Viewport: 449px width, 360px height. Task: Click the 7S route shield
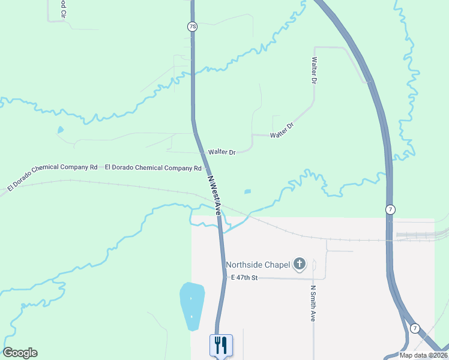tap(192, 26)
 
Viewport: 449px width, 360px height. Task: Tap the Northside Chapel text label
tap(258, 264)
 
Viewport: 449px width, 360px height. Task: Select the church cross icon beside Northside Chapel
tap(299, 264)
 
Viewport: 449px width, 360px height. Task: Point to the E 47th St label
tap(244, 278)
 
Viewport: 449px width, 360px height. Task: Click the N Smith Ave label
tap(313, 303)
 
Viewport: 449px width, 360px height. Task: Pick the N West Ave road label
tap(214, 195)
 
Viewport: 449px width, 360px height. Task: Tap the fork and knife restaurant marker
tap(220, 345)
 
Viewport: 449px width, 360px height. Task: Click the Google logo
tap(20, 353)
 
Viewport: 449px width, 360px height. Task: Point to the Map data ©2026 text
tap(423, 355)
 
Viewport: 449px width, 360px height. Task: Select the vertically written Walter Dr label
tap(314, 70)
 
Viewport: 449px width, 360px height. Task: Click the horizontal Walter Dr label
tap(221, 152)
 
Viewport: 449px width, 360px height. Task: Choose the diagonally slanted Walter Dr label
tap(282, 130)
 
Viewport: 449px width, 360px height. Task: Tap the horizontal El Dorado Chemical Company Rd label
tap(153, 168)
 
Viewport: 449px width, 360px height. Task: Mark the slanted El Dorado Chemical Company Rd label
tap(52, 178)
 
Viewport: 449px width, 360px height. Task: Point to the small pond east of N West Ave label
tap(247, 192)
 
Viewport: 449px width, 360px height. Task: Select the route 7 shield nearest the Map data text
tap(414, 328)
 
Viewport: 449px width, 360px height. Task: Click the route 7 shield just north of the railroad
tap(390, 209)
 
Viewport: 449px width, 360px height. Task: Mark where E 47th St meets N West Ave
tap(225, 278)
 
